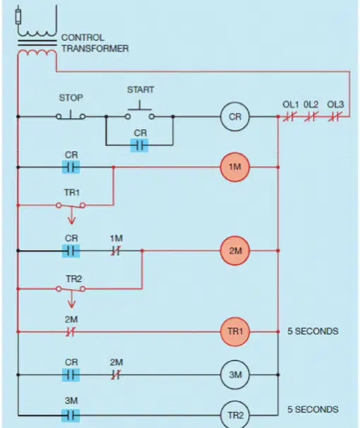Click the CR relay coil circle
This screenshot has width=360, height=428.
pos(235,117)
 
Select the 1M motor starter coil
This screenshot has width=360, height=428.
pos(235,167)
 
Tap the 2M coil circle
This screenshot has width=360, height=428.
pos(235,251)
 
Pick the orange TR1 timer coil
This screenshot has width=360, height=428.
pos(235,331)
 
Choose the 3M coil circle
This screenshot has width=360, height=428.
pos(235,375)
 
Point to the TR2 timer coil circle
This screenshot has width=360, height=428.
pos(235,415)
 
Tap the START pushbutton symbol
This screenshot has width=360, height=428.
pos(140,112)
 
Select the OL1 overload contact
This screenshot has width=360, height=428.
pos(289,117)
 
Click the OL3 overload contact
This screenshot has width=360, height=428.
pos(335,117)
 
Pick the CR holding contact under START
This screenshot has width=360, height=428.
pos(139,145)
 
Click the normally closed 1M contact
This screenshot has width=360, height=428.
pos(116,251)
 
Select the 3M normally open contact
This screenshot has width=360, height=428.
pos(71,415)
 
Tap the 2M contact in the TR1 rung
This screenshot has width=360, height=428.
pos(71,332)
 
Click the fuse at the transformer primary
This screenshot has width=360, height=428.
pos(18,17)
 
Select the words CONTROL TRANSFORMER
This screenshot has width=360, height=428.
pos(95,43)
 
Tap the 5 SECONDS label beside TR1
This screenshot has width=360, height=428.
pos(313,331)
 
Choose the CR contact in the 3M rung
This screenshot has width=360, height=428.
pos(71,375)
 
